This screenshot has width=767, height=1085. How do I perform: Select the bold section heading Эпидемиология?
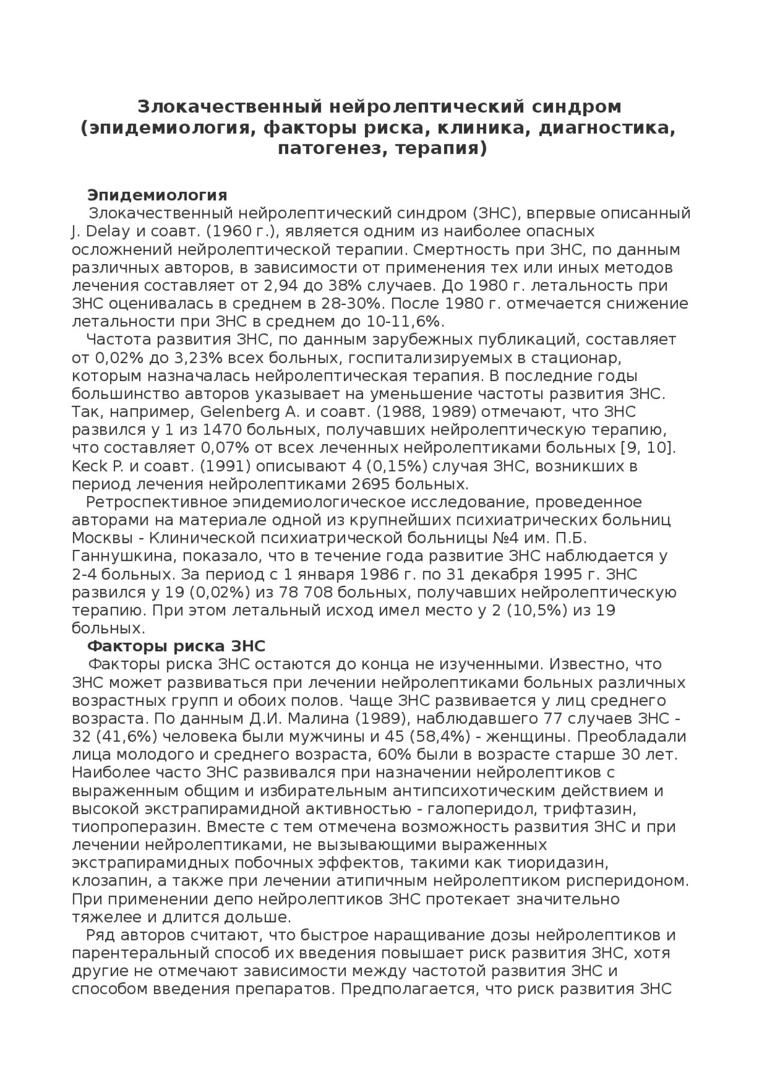pos(157,195)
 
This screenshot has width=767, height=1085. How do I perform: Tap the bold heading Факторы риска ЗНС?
pos(176,646)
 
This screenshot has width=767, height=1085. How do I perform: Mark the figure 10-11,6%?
pos(409,322)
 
